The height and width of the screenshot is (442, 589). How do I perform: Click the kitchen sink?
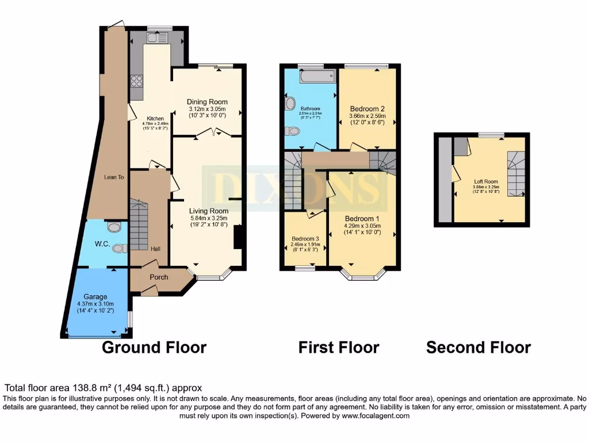tap(156, 38)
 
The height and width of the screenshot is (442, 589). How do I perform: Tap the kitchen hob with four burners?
tap(137, 81)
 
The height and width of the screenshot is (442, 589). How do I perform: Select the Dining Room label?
tap(207, 102)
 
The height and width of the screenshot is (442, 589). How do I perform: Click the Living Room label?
tap(209, 211)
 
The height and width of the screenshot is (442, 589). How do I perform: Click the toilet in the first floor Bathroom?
tap(292, 131)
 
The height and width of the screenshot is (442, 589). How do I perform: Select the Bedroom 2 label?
tap(367, 109)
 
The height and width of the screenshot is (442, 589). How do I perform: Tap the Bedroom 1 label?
tap(362, 219)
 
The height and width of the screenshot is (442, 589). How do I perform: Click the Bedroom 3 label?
tap(305, 239)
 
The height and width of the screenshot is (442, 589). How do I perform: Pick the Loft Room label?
tap(486, 181)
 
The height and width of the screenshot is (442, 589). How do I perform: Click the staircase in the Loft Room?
tap(516, 174)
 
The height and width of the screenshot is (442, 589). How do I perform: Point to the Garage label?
tap(95, 297)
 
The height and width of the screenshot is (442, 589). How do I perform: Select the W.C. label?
tap(102, 244)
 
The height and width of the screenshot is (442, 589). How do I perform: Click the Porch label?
tap(159, 277)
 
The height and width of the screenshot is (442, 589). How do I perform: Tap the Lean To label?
tap(114, 177)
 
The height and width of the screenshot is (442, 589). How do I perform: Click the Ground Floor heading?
tap(154, 348)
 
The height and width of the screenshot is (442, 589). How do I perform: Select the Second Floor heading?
tap(478, 348)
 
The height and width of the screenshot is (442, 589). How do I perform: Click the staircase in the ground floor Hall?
tap(139, 224)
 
